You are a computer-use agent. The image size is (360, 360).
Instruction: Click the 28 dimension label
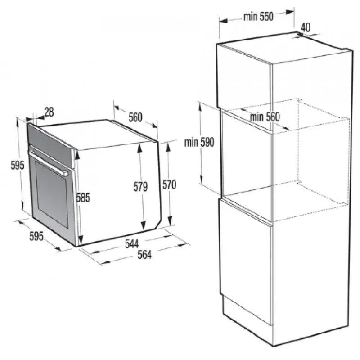(x=49, y=112)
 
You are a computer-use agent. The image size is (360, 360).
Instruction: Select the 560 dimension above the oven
(x=135, y=117)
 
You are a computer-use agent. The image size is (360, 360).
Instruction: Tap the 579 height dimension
(x=140, y=187)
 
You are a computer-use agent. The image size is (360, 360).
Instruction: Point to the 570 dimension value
(x=169, y=184)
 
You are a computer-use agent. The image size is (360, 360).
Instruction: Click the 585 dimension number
(x=83, y=198)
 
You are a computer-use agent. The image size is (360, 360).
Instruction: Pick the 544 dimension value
(x=132, y=244)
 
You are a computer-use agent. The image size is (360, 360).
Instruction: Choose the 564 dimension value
(x=144, y=255)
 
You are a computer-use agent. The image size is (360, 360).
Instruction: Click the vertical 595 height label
(x=18, y=165)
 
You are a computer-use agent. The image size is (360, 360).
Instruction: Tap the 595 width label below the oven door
(x=36, y=236)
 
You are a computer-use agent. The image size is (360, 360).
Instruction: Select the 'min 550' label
(x=259, y=17)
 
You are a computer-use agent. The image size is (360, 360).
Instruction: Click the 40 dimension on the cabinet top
(x=306, y=27)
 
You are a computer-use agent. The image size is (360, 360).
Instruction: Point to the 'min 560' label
(x=265, y=117)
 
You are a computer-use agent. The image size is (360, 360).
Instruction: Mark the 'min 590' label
(x=199, y=142)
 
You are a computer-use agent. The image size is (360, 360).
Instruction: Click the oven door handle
(x=48, y=163)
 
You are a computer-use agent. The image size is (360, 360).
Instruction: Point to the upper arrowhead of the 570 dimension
(x=168, y=148)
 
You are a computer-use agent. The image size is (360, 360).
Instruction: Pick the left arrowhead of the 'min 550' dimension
(x=223, y=21)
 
